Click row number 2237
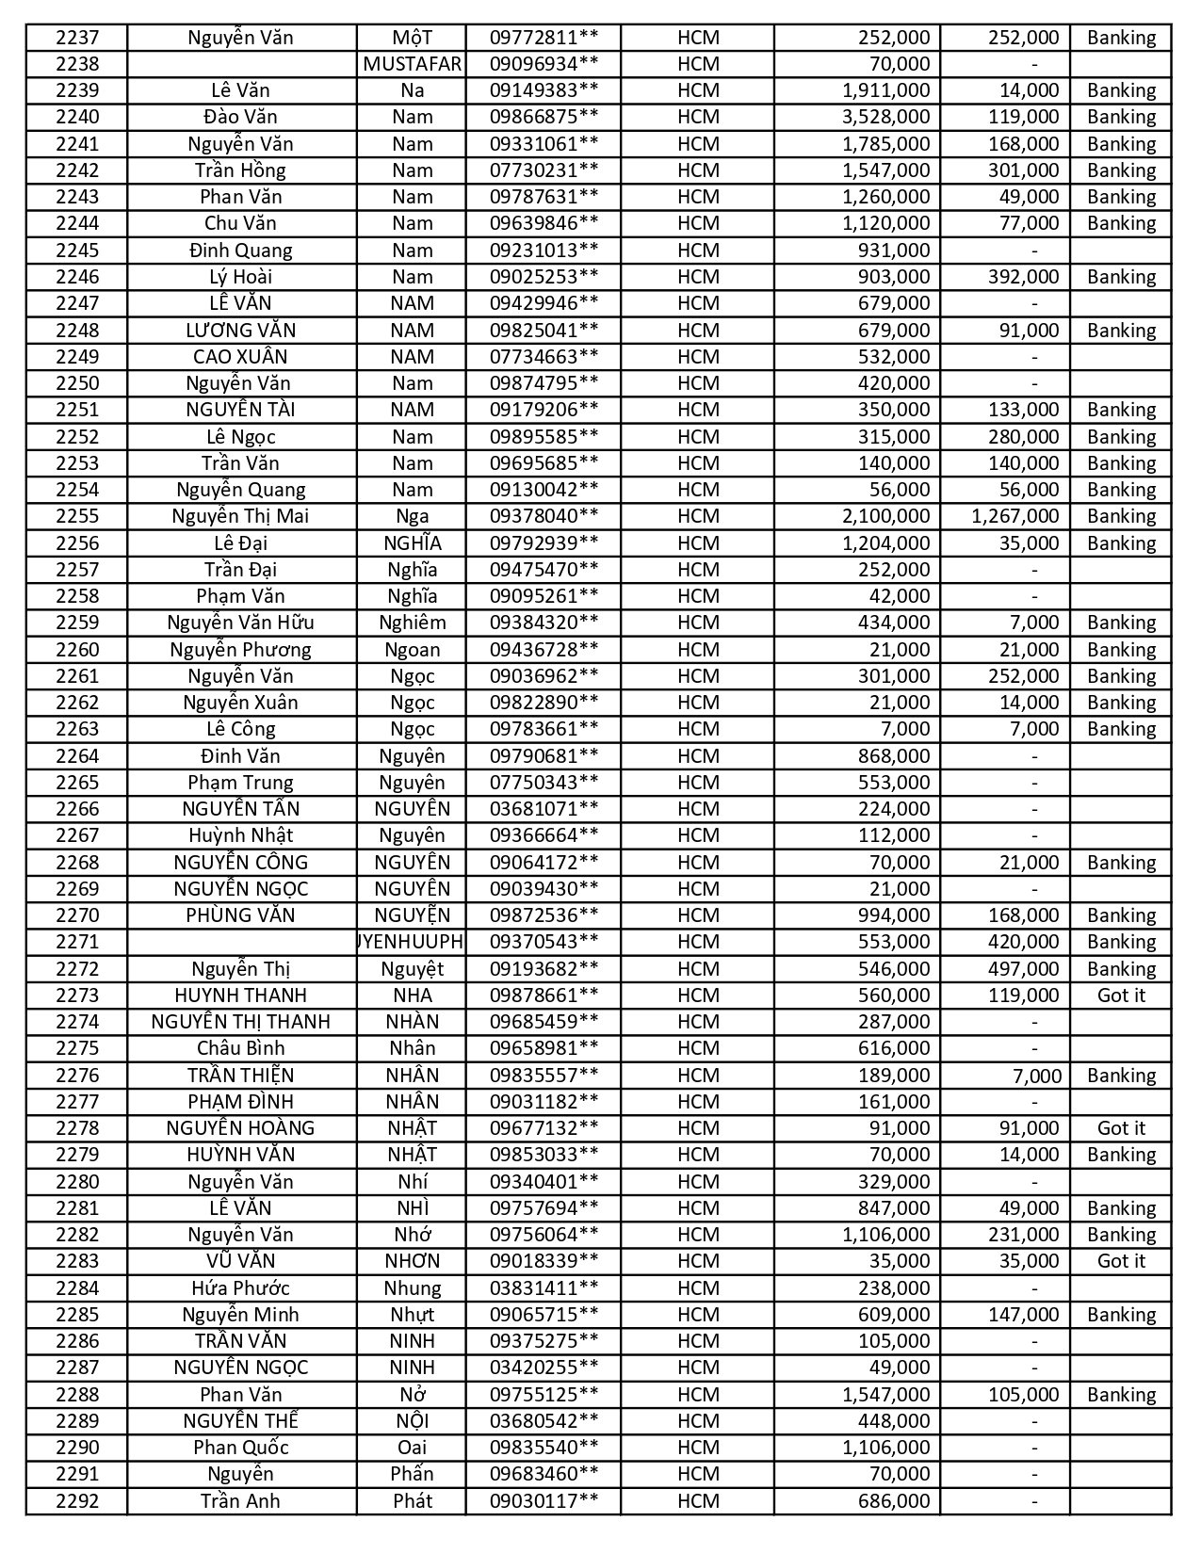[76, 38]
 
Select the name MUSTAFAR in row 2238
[412, 64]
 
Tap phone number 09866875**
[544, 117]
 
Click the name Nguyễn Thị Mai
[240, 516]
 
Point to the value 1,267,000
[1014, 516]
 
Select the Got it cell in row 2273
[1121, 996]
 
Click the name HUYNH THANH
[240, 996]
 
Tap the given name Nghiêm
[412, 623]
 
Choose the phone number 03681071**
[544, 809]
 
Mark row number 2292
[76, 1501]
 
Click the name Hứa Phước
[240, 1288]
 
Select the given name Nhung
[412, 1288]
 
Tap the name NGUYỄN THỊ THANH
[240, 1022]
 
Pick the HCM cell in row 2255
[698, 516]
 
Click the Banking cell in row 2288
[1121, 1395]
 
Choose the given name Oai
[412, 1448]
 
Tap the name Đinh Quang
[240, 251]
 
